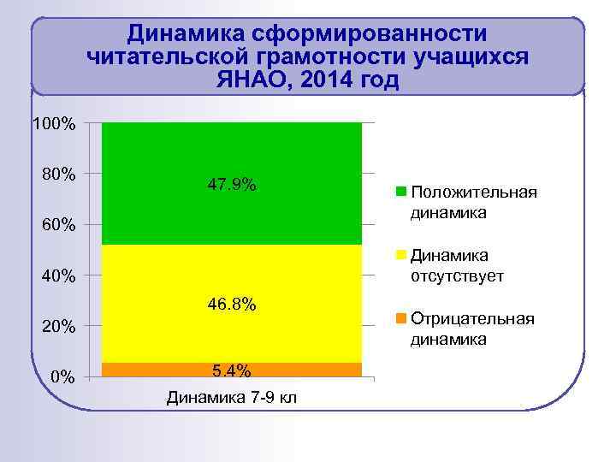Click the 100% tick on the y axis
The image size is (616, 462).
pos(54,125)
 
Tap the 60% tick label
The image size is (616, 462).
pos(58,226)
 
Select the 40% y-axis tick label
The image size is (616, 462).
pos(58,276)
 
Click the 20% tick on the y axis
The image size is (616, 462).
pos(58,327)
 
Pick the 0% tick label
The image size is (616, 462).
pos(62,377)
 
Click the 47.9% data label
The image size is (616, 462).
pos(232,185)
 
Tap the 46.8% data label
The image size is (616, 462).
pos(232,305)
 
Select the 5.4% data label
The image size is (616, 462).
pos(232,370)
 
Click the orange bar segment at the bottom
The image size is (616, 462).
pos(154,370)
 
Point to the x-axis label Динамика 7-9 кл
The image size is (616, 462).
pos(232,398)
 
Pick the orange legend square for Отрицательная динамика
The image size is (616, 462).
pos(400,319)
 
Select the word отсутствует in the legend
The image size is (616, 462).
pos(458,276)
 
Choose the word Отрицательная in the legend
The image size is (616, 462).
pos(472,319)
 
